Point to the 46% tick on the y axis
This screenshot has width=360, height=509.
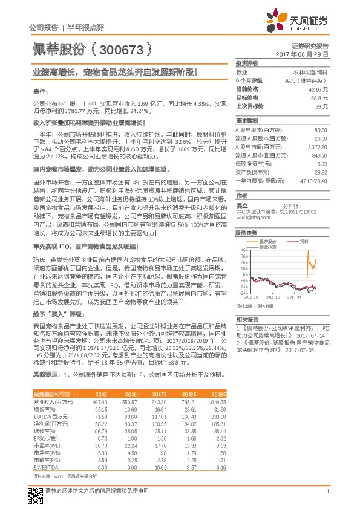pos(244,250)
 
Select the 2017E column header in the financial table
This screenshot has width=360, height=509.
pos(159,394)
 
